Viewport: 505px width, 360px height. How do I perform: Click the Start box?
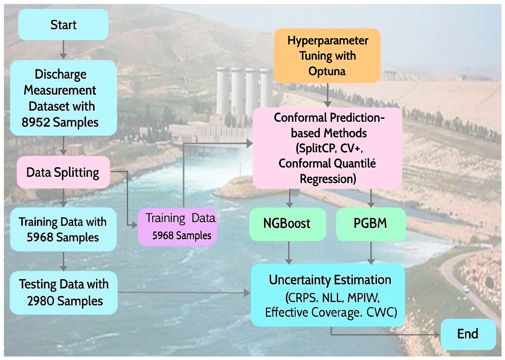[63, 25]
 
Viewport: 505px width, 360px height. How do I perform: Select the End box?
[468, 334]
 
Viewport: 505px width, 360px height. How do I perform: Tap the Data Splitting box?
[63, 172]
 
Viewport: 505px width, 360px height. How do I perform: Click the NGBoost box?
[288, 224]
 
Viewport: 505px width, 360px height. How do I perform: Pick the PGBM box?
[371, 224]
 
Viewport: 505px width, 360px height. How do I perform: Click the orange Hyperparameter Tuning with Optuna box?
[327, 56]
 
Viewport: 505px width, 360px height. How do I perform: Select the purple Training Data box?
[177, 227]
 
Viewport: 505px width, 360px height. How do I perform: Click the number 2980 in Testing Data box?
[41, 301]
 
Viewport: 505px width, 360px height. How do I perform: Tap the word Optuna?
[327, 71]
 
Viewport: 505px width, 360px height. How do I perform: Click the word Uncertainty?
[298, 280]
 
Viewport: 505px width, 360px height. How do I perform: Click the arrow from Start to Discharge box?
[63, 49]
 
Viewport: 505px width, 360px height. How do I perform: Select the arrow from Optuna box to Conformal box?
[328, 95]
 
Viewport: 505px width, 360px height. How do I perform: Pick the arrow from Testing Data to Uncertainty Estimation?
[184, 293]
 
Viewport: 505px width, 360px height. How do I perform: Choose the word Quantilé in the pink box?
[358, 164]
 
